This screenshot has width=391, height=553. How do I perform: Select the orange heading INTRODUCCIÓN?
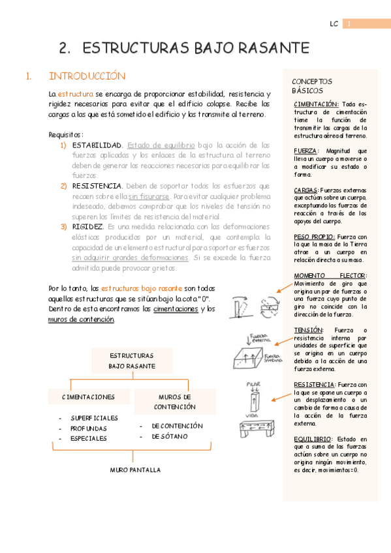[x=87, y=76]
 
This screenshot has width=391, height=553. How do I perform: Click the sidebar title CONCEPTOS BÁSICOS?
[x=312, y=86]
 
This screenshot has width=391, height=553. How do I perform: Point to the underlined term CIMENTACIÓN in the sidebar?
[x=317, y=104]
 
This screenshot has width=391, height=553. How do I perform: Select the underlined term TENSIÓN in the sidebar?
[x=308, y=330]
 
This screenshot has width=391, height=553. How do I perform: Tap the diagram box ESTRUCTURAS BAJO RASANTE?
[x=131, y=361]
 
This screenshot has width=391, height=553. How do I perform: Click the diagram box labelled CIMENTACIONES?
[x=88, y=397]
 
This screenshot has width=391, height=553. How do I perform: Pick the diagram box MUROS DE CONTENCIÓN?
[x=174, y=402]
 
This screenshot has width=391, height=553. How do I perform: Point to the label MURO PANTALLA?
[x=134, y=470]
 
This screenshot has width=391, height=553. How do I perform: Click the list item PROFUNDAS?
[x=89, y=428]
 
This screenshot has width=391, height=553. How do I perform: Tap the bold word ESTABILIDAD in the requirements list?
[x=97, y=145]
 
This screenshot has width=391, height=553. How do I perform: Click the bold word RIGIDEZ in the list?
[x=88, y=226]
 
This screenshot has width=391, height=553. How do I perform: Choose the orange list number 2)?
[x=64, y=186]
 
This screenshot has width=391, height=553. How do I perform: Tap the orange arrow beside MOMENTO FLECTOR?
[x=285, y=284]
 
